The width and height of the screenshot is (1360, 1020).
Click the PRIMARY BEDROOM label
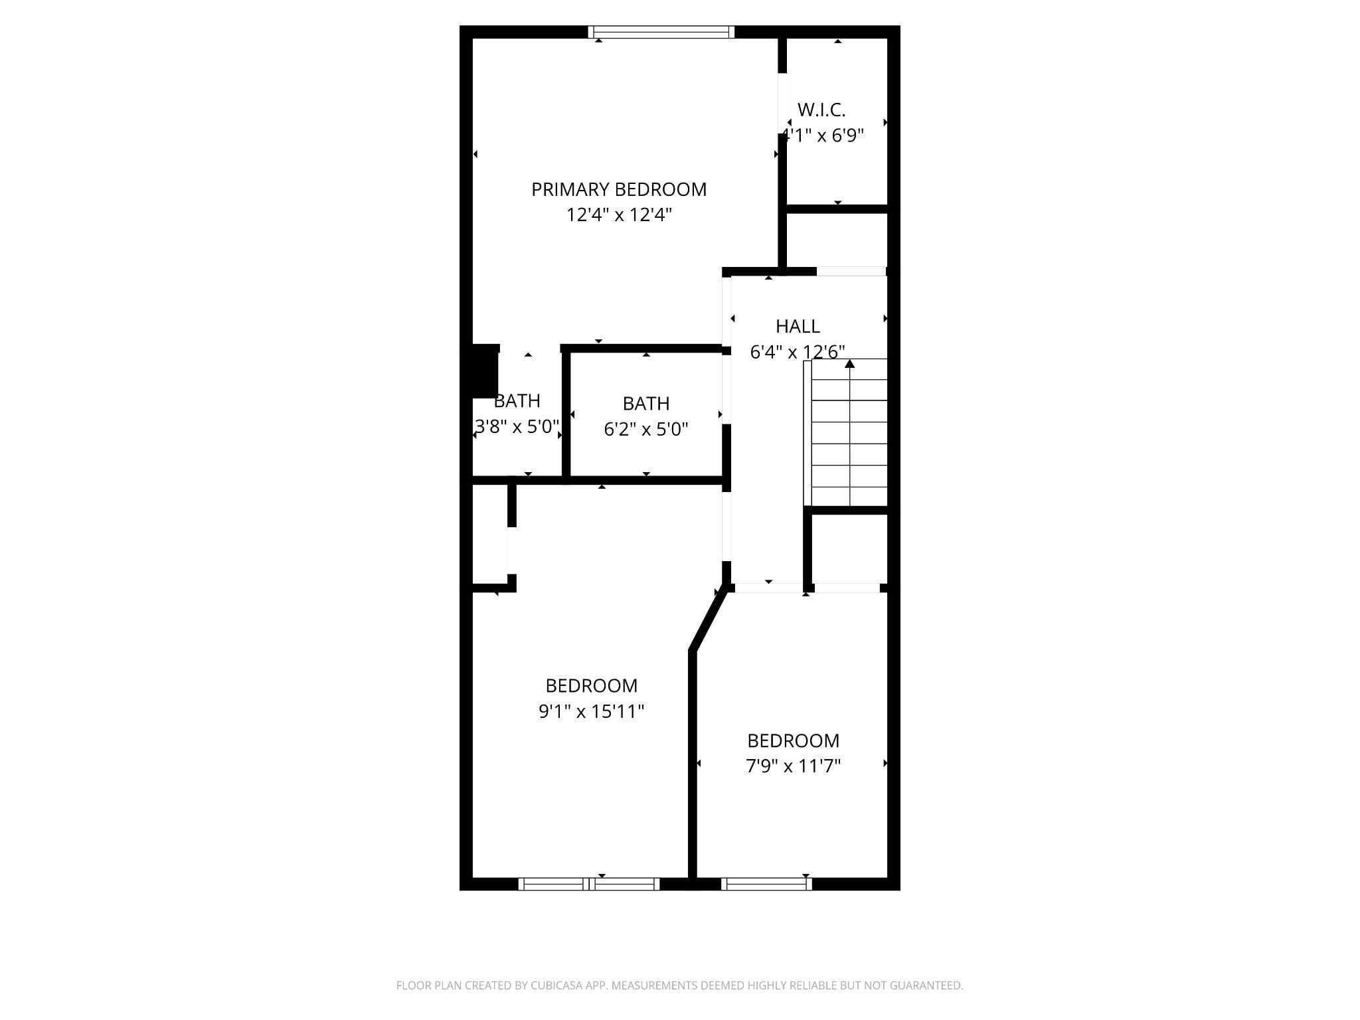point(618,190)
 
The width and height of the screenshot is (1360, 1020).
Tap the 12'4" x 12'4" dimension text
point(618,215)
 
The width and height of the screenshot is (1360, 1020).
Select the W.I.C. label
point(821,110)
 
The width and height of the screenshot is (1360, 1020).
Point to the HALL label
point(798,327)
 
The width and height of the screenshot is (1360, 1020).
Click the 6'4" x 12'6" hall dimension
point(797,353)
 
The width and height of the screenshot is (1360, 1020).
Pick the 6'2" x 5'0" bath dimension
point(645,430)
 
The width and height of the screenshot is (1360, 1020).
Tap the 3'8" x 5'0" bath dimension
point(517,426)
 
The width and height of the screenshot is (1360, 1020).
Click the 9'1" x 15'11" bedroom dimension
point(591,712)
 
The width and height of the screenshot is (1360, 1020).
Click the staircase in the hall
point(849,435)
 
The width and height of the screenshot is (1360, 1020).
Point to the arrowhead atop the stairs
point(849,363)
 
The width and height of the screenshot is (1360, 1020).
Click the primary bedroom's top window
point(661,32)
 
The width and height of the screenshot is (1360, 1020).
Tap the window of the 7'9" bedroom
point(766,884)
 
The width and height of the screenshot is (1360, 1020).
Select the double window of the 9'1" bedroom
point(589,884)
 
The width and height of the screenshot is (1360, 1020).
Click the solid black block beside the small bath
point(484,371)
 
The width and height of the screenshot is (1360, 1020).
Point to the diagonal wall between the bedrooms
point(708,622)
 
